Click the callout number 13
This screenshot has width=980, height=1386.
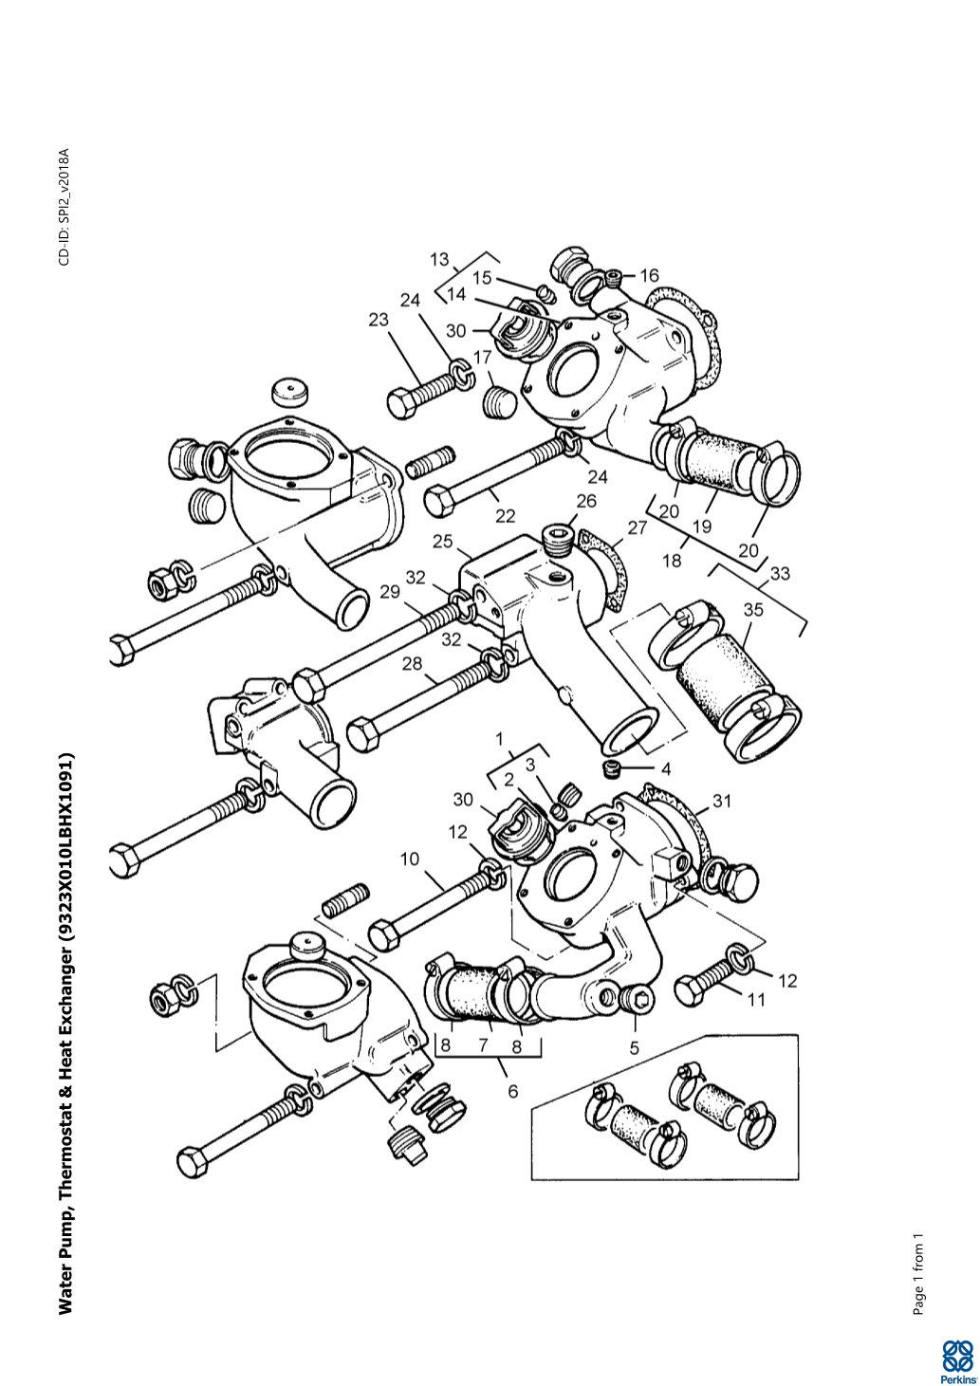439,260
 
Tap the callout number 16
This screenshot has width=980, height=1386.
649,275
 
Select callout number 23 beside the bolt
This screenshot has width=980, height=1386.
379,320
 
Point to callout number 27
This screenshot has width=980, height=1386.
638,527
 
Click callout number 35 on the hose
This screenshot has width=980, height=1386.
753,610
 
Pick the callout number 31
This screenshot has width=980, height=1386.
722,802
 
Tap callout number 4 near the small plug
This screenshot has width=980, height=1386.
666,769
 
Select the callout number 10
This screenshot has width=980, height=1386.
410,859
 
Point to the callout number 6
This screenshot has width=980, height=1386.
513,1092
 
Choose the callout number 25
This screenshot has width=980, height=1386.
443,542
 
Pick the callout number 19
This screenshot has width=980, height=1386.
702,527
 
